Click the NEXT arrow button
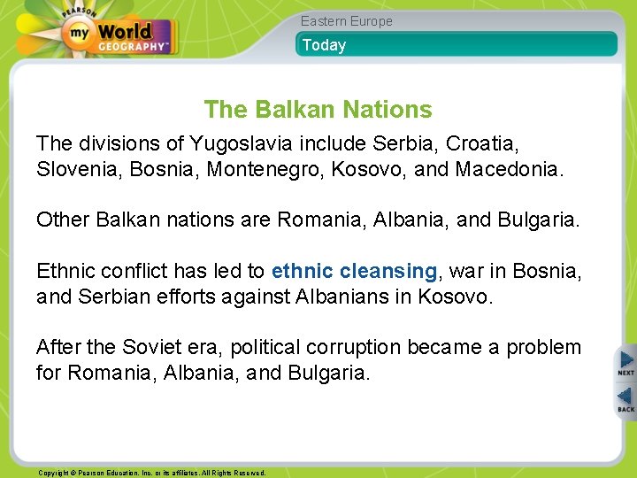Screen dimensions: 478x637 coord(625,363)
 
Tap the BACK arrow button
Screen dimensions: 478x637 coord(625,399)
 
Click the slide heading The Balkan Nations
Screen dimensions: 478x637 coord(318,110)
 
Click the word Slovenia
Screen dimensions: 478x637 coord(78,168)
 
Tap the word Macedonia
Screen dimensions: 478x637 coord(507,168)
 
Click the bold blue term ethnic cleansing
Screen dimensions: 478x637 coord(355,270)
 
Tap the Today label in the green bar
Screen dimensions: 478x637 coord(324,45)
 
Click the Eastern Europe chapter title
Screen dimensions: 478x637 coord(346,20)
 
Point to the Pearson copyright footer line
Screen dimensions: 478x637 coord(151,473)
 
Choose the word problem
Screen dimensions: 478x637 coord(543,347)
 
